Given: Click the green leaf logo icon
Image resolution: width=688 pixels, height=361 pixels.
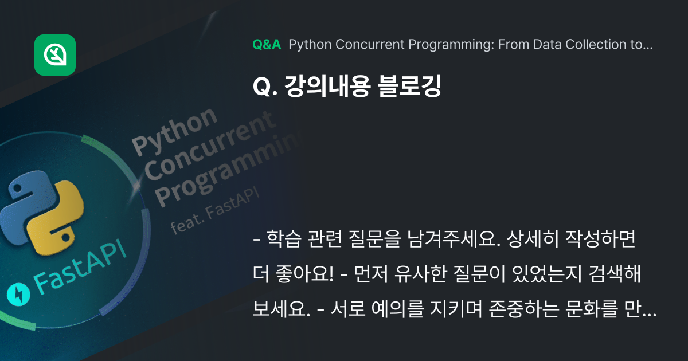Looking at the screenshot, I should (55, 55).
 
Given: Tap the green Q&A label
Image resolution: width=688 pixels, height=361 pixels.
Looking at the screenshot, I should (266, 45).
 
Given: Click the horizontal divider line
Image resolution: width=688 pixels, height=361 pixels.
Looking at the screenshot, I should (453, 205).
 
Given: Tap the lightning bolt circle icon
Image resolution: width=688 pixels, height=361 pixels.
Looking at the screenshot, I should (18, 295).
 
